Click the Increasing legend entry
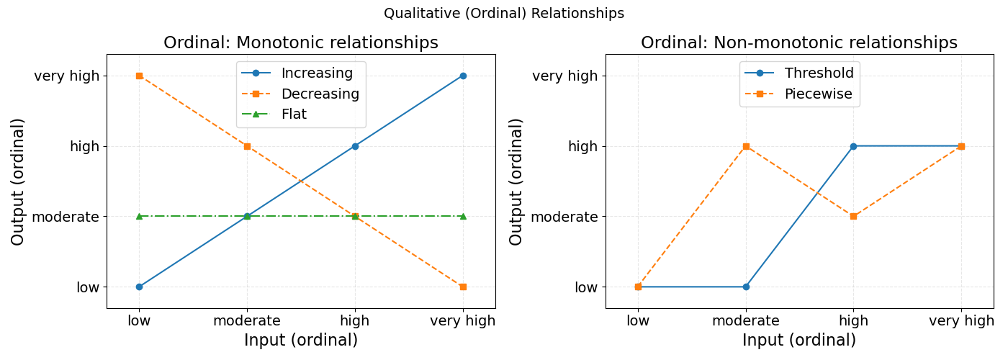(x=317, y=73)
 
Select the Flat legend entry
(x=294, y=114)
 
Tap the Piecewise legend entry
(x=819, y=94)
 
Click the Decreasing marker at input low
(x=139, y=76)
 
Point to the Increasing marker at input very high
(x=463, y=76)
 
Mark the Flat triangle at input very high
(x=463, y=216)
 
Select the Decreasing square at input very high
(x=463, y=287)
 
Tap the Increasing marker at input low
(x=139, y=287)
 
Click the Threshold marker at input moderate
(x=746, y=287)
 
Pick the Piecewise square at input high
(x=853, y=216)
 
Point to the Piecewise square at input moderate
(x=746, y=146)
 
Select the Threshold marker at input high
(x=853, y=146)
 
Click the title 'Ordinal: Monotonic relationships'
(x=301, y=42)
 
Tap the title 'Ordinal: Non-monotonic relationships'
(x=799, y=42)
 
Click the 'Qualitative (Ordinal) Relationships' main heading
(x=504, y=13)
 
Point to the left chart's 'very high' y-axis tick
(x=66, y=76)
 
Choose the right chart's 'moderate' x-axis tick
(x=746, y=321)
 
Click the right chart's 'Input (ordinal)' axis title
(x=799, y=341)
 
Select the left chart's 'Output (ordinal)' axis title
(x=18, y=181)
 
